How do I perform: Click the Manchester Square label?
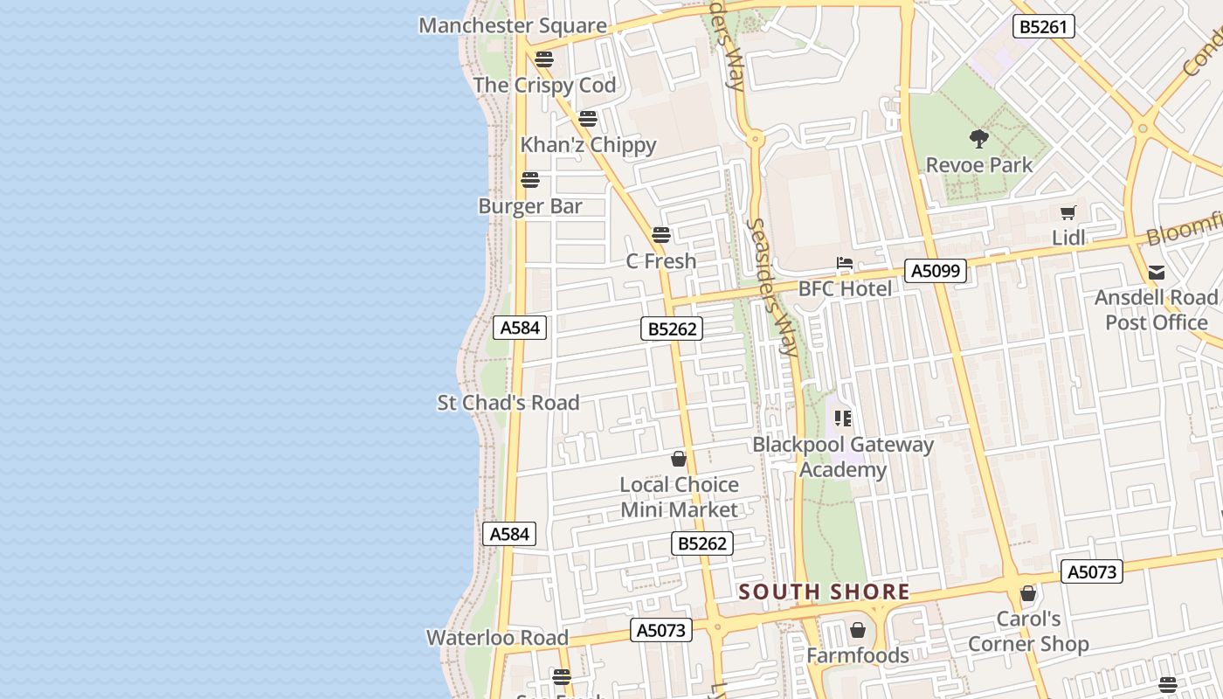pyautogui.click(x=513, y=25)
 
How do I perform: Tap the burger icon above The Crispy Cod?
pyautogui.click(x=544, y=59)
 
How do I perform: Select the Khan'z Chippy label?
pyautogui.click(x=588, y=144)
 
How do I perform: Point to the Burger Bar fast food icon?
pyautogui.click(x=530, y=181)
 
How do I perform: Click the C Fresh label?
pyautogui.click(x=661, y=260)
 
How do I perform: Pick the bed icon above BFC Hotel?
pyautogui.click(x=844, y=263)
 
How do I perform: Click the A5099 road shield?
pyautogui.click(x=936, y=271)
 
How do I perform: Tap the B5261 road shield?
pyautogui.click(x=1043, y=27)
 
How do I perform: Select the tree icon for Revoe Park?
pyautogui.click(x=979, y=138)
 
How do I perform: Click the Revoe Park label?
pyautogui.click(x=979, y=164)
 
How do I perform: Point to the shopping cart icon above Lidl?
pyautogui.click(x=1068, y=212)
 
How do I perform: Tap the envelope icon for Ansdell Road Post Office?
pyautogui.click(x=1157, y=272)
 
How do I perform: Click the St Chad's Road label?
pyautogui.click(x=508, y=403)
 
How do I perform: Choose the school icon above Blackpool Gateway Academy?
pyautogui.click(x=843, y=418)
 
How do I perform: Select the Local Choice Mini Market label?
pyautogui.click(x=679, y=497)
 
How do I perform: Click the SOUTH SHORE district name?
pyautogui.click(x=825, y=592)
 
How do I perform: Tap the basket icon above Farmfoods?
pyautogui.click(x=858, y=630)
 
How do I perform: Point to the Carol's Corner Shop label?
pyautogui.click(x=1028, y=632)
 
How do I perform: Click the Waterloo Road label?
pyautogui.click(x=497, y=638)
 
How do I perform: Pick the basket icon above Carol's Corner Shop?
pyautogui.click(x=1028, y=594)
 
